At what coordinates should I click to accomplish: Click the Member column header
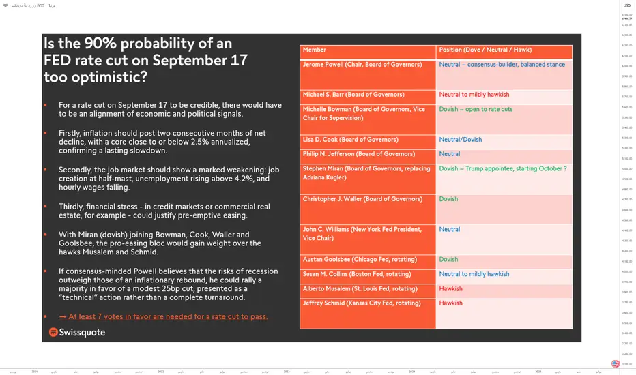(315, 50)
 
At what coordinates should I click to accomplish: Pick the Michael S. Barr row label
(353, 95)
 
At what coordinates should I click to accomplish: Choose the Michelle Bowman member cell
(364, 113)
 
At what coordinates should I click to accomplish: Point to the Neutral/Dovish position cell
(461, 140)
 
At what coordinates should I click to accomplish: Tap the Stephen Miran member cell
(366, 172)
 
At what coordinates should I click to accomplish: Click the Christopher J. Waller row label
(362, 199)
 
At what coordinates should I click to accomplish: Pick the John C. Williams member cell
(362, 234)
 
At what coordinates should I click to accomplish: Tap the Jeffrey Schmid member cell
(362, 303)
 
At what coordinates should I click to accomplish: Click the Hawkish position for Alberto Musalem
(451, 288)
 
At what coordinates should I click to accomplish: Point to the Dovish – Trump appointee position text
(503, 168)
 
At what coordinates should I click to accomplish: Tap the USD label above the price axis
(626, 5)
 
